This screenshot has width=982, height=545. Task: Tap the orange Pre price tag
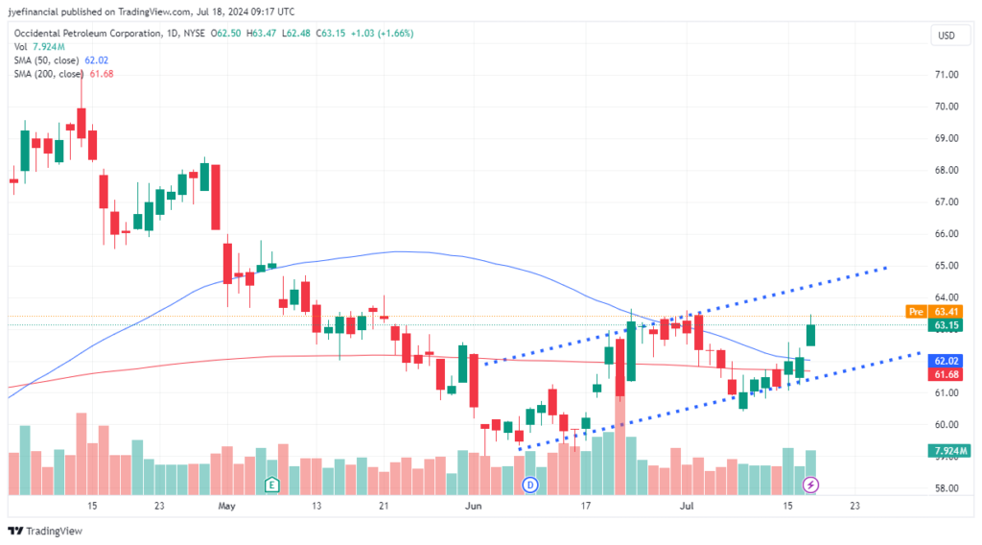917,312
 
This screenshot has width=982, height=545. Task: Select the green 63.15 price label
947,326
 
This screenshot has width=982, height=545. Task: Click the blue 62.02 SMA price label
947,361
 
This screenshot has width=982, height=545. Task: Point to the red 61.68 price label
947,374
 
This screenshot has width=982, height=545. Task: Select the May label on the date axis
226,505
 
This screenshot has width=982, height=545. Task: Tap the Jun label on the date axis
472,505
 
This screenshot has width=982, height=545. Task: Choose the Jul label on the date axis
686,505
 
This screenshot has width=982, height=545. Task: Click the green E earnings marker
272,485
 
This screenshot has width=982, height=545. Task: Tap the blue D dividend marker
529,485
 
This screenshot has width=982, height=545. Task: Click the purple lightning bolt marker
811,485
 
